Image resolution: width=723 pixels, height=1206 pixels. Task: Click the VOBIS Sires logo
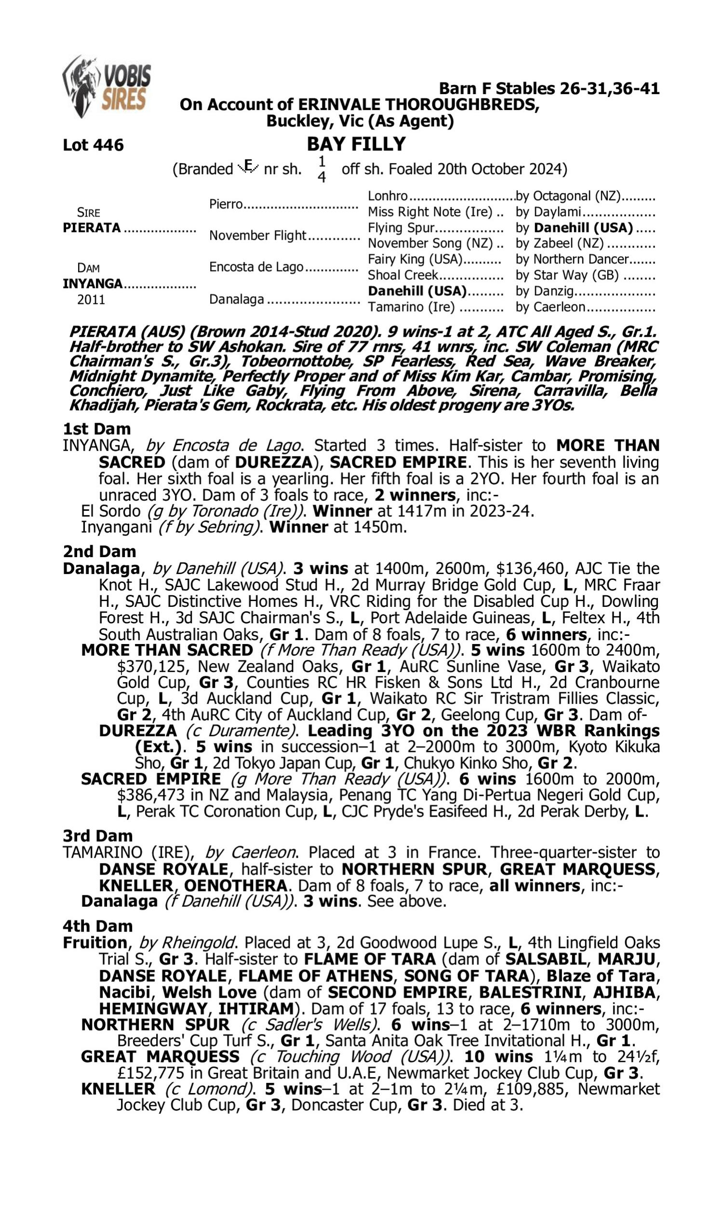click(107, 86)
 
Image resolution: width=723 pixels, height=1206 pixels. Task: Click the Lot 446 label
click(93, 145)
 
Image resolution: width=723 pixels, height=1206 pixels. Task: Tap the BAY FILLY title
click(356, 144)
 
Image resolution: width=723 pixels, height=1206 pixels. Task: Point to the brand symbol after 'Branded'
click(248, 167)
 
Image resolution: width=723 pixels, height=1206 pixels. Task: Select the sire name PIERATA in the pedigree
click(92, 228)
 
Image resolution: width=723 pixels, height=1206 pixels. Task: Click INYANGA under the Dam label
click(93, 283)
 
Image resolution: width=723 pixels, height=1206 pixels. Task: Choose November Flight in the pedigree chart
click(257, 235)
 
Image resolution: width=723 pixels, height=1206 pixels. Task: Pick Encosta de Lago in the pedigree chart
click(256, 267)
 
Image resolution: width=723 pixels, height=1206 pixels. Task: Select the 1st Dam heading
click(96, 429)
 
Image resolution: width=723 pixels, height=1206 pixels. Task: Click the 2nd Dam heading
click(99, 551)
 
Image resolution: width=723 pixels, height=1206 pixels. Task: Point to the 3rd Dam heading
click(97, 836)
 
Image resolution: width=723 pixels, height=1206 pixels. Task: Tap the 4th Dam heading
click(97, 926)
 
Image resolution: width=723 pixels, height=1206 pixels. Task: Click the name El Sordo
click(110, 511)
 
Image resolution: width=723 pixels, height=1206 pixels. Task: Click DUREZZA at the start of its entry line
click(137, 731)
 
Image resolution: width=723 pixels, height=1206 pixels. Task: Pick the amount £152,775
click(150, 1072)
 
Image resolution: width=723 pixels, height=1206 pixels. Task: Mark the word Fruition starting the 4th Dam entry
click(95, 942)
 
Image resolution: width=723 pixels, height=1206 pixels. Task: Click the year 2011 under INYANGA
click(91, 299)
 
